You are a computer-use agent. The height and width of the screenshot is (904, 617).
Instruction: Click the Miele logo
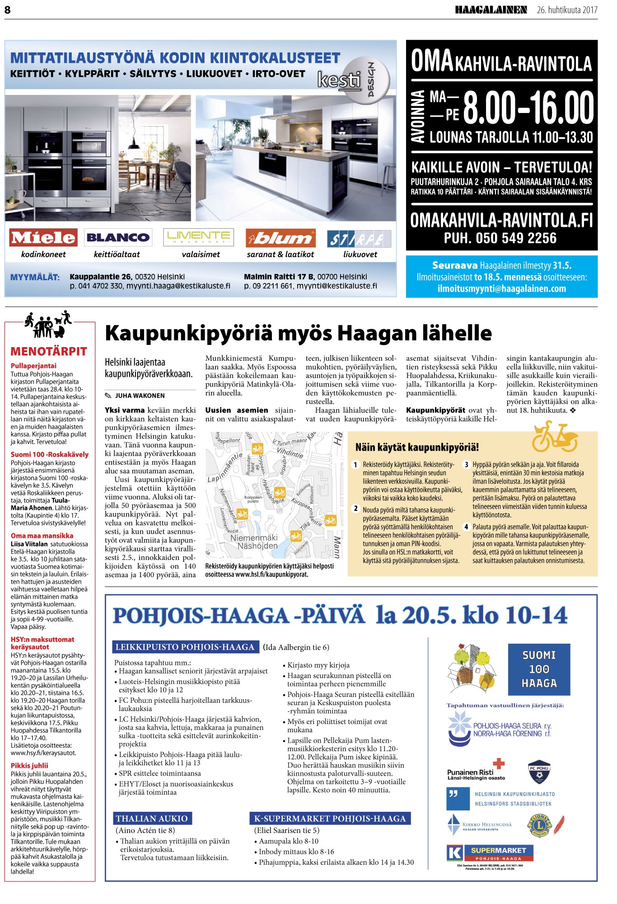[x=43, y=237]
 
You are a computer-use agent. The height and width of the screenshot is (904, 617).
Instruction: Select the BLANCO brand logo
[x=117, y=237]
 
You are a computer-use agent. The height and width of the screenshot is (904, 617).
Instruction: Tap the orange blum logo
[x=280, y=238]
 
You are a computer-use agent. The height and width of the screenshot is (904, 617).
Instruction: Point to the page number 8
[x=8, y=9]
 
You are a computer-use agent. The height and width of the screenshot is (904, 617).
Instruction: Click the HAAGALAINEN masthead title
[x=491, y=10]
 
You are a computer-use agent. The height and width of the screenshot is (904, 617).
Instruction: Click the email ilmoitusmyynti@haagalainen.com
[x=501, y=289]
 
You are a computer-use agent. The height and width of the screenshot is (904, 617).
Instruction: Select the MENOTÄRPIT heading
[x=49, y=351]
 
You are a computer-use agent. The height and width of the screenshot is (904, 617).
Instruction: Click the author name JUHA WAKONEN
[x=140, y=395]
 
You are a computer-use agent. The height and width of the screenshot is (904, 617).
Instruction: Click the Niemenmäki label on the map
[x=254, y=538]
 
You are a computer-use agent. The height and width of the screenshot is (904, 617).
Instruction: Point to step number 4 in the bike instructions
[x=466, y=527]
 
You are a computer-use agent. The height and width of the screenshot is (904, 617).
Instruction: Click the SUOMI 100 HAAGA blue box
[x=539, y=669]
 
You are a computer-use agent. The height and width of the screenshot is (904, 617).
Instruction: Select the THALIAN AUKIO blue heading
[x=152, y=819]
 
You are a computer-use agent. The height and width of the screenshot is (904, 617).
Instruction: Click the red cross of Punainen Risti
[x=498, y=763]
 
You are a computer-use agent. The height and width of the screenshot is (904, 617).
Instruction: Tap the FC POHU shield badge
[x=539, y=772]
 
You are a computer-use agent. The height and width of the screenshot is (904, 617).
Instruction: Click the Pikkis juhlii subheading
[x=29, y=766]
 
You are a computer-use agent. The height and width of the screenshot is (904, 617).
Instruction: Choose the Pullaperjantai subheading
[x=33, y=366]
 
